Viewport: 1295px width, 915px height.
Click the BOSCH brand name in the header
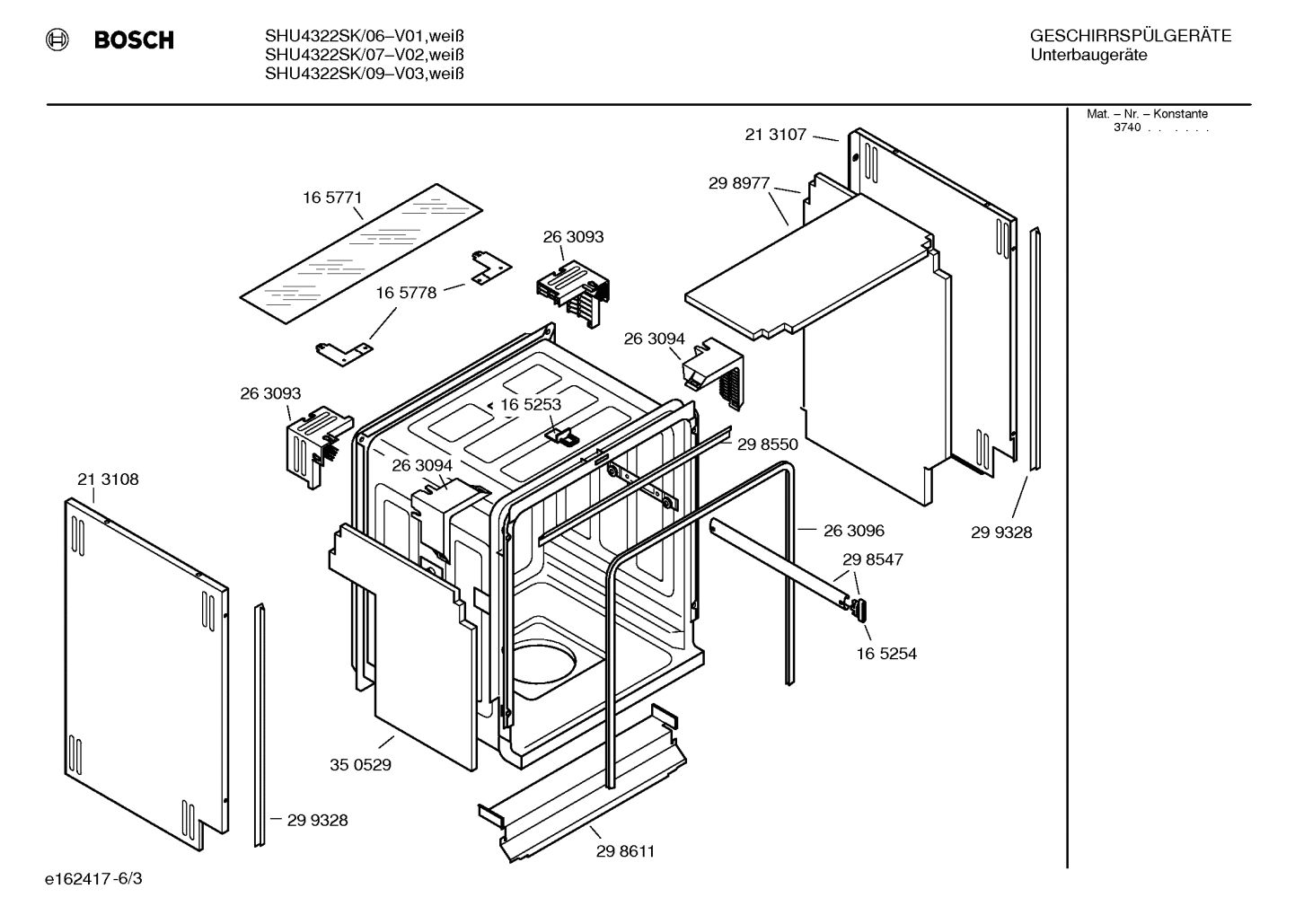[134, 40]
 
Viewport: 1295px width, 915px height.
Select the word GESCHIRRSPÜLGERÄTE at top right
[1130, 37]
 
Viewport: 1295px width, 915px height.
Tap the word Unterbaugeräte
[1088, 56]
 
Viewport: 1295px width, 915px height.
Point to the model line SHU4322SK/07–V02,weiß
[364, 56]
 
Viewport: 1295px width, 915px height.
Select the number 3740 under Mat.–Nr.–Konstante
[1126, 128]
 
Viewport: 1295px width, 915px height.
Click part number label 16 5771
[332, 198]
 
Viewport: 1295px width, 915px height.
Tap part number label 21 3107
[776, 135]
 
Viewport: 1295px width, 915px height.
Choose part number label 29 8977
[739, 183]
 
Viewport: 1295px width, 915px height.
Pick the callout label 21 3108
[108, 479]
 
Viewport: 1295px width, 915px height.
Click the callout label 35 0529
[360, 765]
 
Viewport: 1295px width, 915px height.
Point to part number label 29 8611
[625, 851]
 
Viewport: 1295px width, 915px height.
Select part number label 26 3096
[854, 531]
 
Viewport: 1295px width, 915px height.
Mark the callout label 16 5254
[886, 654]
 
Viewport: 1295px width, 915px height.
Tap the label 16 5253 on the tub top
[531, 405]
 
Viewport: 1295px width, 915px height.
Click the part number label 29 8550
[768, 444]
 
